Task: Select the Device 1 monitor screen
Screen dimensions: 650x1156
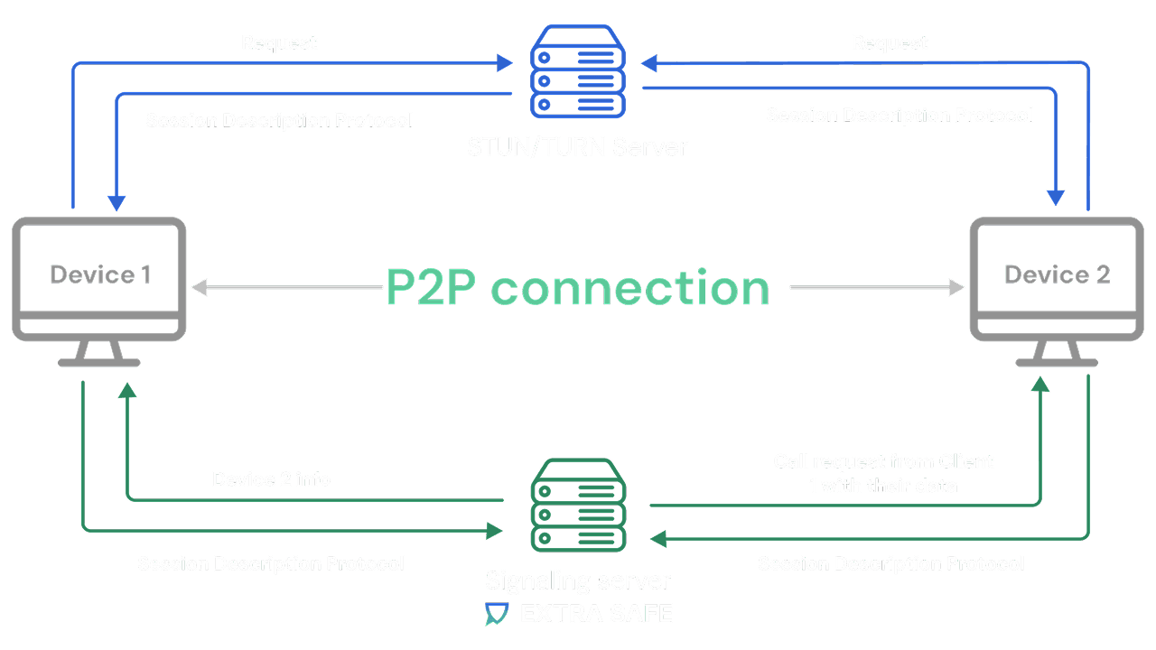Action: [x=99, y=271]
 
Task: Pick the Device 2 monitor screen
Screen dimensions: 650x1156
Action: [x=1057, y=271]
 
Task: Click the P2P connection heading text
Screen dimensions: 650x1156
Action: [x=578, y=288]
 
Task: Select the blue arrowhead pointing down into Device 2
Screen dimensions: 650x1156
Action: [x=1056, y=197]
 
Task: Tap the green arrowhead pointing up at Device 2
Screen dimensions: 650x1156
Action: [x=1040, y=385]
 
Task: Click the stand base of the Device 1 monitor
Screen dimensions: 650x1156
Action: [x=99, y=361]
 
